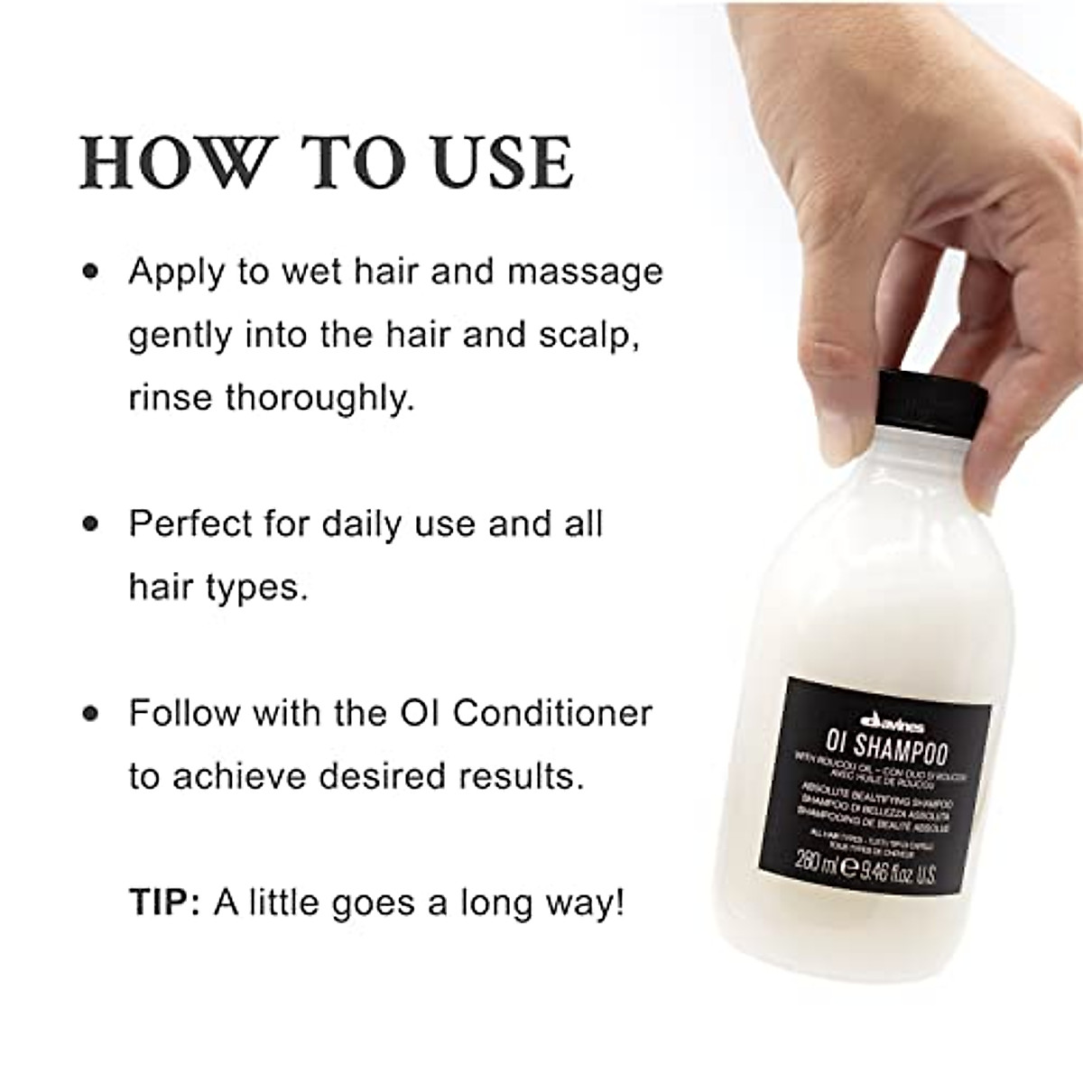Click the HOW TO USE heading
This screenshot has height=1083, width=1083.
coord(327,162)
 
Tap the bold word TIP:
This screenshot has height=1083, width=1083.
coord(165,903)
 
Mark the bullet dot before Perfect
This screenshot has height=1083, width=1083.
coord(89,523)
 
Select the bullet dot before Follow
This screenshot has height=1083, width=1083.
coord(89,713)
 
